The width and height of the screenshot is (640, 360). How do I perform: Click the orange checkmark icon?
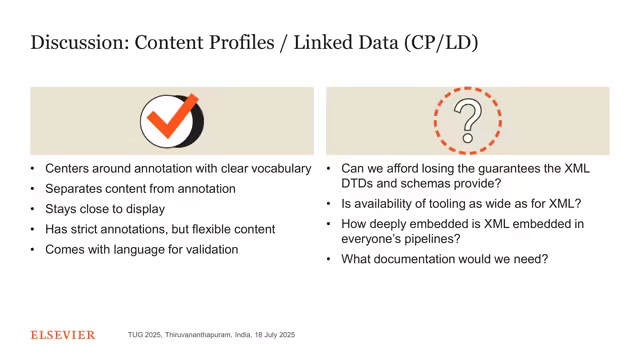click(x=170, y=120)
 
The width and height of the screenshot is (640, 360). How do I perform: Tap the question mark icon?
click(x=467, y=120)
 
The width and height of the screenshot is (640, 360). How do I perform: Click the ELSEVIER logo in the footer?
click(x=62, y=335)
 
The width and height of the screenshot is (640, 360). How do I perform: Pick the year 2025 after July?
click(x=284, y=335)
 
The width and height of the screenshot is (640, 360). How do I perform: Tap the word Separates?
click(x=76, y=189)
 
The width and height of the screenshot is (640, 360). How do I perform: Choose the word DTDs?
click(x=360, y=183)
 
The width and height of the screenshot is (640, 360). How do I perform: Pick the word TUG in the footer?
click(x=137, y=335)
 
